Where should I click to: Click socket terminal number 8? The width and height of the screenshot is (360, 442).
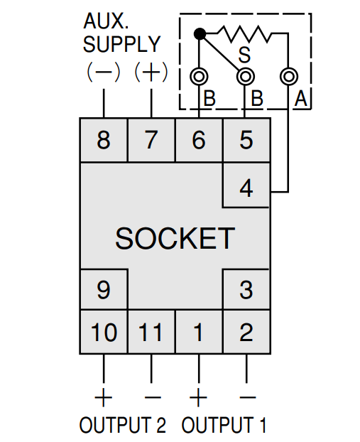point(104,140)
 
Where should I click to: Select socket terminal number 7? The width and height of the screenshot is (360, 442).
point(151,140)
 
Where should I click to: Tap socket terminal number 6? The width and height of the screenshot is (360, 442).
point(199,140)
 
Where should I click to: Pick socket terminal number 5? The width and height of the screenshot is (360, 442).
point(246,140)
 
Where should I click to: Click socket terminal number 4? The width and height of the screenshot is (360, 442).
point(246,185)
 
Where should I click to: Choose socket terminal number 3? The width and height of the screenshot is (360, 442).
point(246,289)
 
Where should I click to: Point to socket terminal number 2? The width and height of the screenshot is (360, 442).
point(246,332)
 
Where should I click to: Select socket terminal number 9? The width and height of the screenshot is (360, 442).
point(104,289)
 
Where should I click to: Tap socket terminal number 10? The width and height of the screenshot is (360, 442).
point(104,332)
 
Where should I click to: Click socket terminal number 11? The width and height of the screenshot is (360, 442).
point(151,332)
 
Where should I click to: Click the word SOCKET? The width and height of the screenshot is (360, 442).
point(175,238)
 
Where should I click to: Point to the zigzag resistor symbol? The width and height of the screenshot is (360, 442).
point(244,34)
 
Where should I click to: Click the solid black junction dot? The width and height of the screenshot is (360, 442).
point(200,34)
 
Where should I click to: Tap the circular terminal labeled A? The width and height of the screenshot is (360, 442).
point(289,76)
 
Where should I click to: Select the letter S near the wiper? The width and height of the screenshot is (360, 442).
point(244,55)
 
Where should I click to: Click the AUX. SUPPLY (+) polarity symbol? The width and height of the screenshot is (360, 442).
point(151,72)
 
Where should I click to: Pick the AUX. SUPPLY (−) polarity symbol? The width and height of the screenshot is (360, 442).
point(104,72)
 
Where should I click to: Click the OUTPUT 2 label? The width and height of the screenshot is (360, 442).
point(123,425)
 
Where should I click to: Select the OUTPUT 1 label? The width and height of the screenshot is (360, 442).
point(224,425)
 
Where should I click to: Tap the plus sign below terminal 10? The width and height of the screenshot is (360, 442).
point(104,397)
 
